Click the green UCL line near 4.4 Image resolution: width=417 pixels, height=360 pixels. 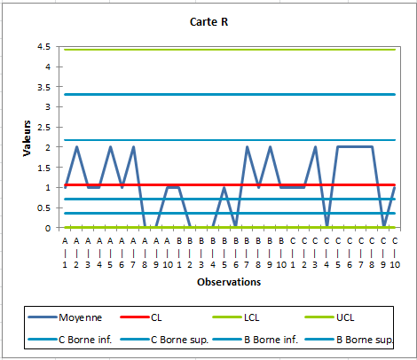click(266, 50)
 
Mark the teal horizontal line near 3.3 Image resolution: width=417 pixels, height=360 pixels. click(266, 94)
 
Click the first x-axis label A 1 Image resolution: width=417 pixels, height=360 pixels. click(65, 252)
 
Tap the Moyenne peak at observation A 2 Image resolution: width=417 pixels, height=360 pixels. click(76, 147)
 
